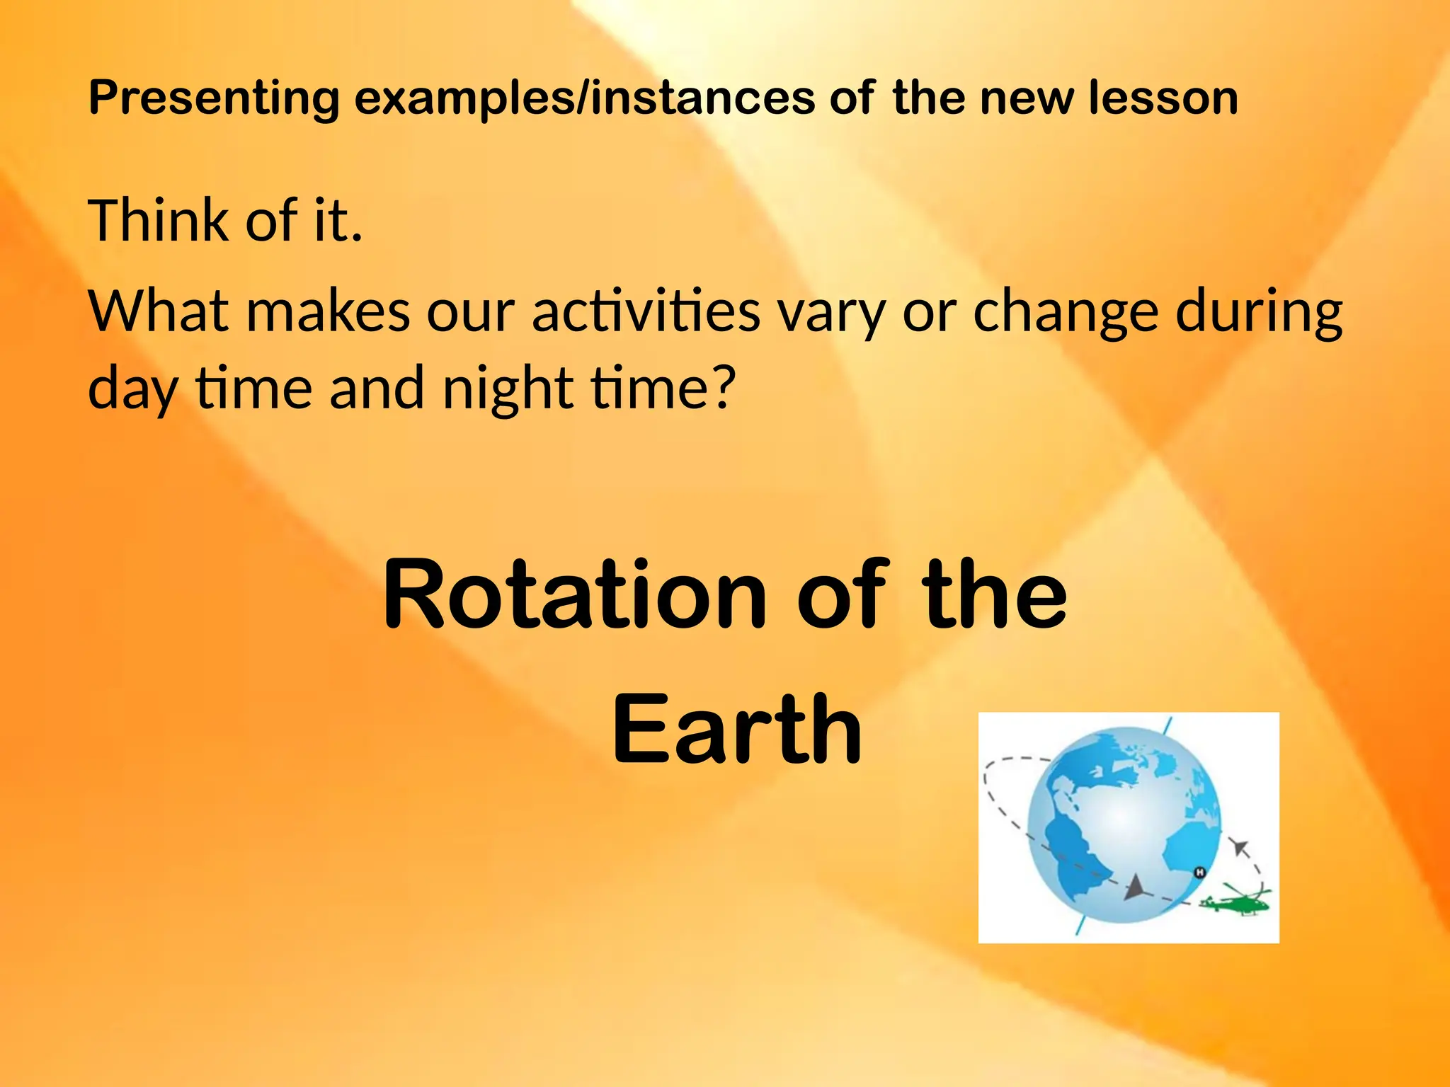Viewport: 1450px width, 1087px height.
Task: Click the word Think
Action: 156,221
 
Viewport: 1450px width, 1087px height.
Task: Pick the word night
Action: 507,389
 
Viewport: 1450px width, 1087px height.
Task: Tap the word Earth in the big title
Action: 736,730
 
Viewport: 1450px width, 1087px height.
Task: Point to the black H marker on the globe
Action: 1199,873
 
